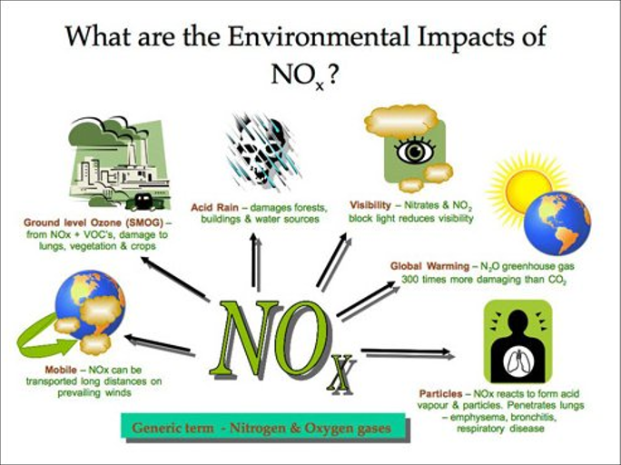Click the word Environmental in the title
pos(319,36)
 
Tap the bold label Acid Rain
pos(214,208)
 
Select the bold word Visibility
pos(370,205)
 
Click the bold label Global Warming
pos(429,266)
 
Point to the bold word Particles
pos(441,393)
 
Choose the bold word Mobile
pos(61,370)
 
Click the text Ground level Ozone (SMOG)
pos(94,223)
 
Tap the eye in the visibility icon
pos(415,151)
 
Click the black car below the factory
pos(143,202)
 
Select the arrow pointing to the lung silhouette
pos(408,352)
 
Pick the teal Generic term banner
pos(263,426)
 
